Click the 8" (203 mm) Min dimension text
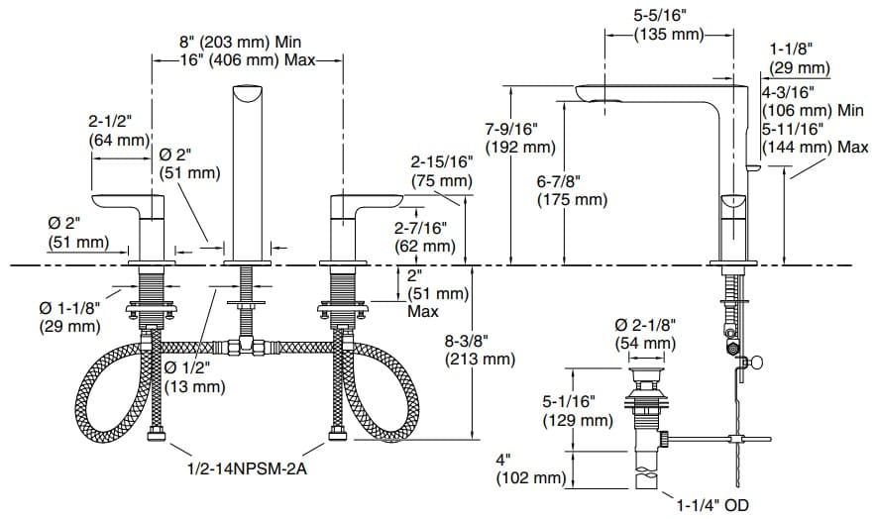tap(239, 43)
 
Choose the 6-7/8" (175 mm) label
tap(572, 190)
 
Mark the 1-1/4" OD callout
tap(714, 504)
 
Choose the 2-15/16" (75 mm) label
tap(443, 171)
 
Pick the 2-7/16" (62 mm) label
tap(426, 237)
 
